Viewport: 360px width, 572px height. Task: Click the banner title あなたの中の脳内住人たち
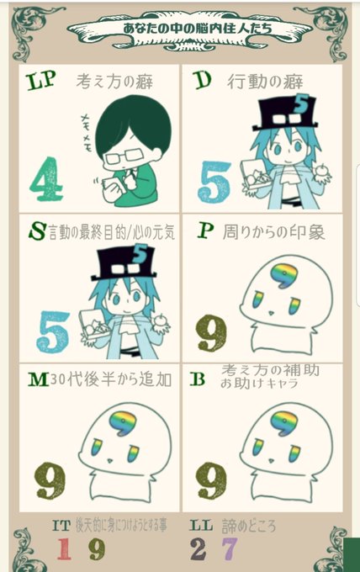click(x=198, y=28)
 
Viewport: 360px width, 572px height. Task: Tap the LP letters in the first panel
click(x=41, y=80)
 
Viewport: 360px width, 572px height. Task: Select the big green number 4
click(x=46, y=178)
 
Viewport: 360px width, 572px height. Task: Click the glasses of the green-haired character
click(x=121, y=157)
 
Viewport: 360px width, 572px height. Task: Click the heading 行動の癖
click(x=265, y=81)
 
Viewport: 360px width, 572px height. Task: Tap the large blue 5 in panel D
click(x=214, y=182)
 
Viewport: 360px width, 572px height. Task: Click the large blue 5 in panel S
click(x=53, y=331)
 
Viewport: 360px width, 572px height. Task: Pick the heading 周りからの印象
click(x=273, y=232)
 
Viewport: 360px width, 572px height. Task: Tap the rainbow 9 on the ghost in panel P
click(x=284, y=275)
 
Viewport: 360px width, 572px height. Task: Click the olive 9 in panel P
click(x=212, y=331)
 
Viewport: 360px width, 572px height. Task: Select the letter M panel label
click(x=39, y=379)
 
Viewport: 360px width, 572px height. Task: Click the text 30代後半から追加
click(x=111, y=379)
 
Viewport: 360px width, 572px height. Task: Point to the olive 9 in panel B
click(x=211, y=480)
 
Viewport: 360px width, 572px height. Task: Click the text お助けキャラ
click(x=259, y=384)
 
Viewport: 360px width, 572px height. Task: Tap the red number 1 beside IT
click(x=64, y=548)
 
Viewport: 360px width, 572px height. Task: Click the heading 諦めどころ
click(x=249, y=526)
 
